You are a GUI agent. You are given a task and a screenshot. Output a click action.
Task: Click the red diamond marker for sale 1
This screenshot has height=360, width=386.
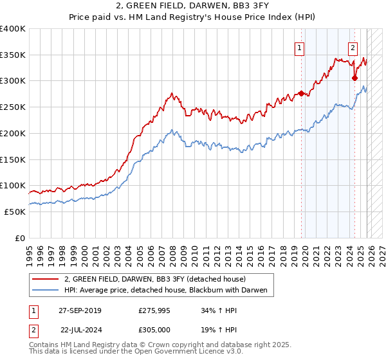[301, 94]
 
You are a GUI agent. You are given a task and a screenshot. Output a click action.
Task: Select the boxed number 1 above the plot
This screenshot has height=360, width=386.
[300, 47]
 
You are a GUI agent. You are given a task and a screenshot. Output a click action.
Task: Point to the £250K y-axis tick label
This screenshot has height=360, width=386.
[12, 107]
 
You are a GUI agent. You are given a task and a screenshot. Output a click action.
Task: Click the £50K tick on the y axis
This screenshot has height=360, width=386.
[15, 212]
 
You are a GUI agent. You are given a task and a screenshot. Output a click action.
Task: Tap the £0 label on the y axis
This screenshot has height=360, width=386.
[21, 238]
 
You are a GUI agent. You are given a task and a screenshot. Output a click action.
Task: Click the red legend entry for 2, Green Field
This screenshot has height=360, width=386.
[155, 280]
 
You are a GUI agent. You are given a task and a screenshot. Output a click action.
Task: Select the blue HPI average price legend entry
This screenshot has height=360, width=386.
[169, 291]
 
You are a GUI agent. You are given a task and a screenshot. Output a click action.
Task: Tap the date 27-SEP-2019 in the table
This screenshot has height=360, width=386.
[80, 310]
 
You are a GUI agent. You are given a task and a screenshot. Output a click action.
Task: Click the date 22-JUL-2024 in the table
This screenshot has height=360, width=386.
[80, 329]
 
